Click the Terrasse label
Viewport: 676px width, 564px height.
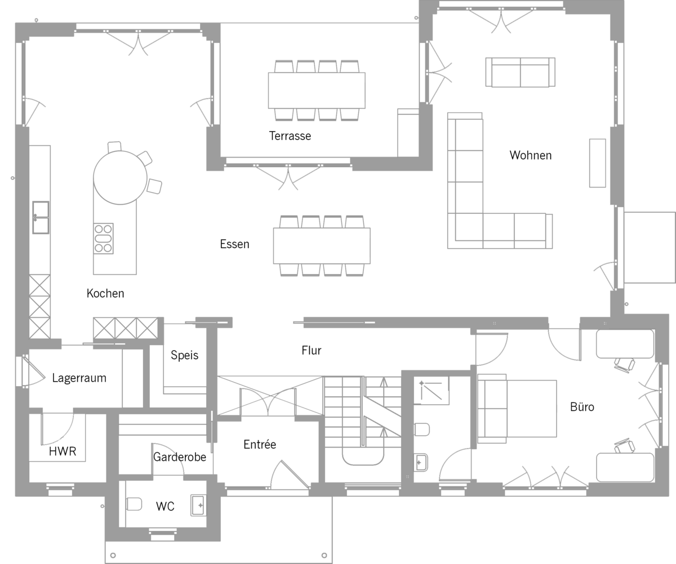click(290, 136)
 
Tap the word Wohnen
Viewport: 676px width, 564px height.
click(530, 155)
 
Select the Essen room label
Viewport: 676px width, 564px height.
click(234, 244)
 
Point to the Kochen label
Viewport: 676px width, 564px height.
click(105, 293)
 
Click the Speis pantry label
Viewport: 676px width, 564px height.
click(185, 355)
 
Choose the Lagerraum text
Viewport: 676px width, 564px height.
click(79, 378)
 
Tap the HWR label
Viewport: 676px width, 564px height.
click(63, 451)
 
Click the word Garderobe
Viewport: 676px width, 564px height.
click(180, 457)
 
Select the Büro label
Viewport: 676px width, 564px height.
click(582, 407)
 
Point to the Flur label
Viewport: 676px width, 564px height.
click(312, 351)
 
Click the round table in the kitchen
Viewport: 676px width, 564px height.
click(120, 178)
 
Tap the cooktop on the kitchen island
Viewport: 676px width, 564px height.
click(104, 239)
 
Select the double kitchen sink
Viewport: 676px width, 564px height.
click(41, 217)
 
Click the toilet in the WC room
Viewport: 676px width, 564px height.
click(134, 504)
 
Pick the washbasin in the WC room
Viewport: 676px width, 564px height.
click(198, 505)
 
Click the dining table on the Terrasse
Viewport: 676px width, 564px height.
click(317, 90)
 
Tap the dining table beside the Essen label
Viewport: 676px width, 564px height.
click(322, 246)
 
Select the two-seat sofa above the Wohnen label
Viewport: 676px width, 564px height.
click(521, 72)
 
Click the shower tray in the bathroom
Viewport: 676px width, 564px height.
click(432, 390)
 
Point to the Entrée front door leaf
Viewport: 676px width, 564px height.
click(295, 474)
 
